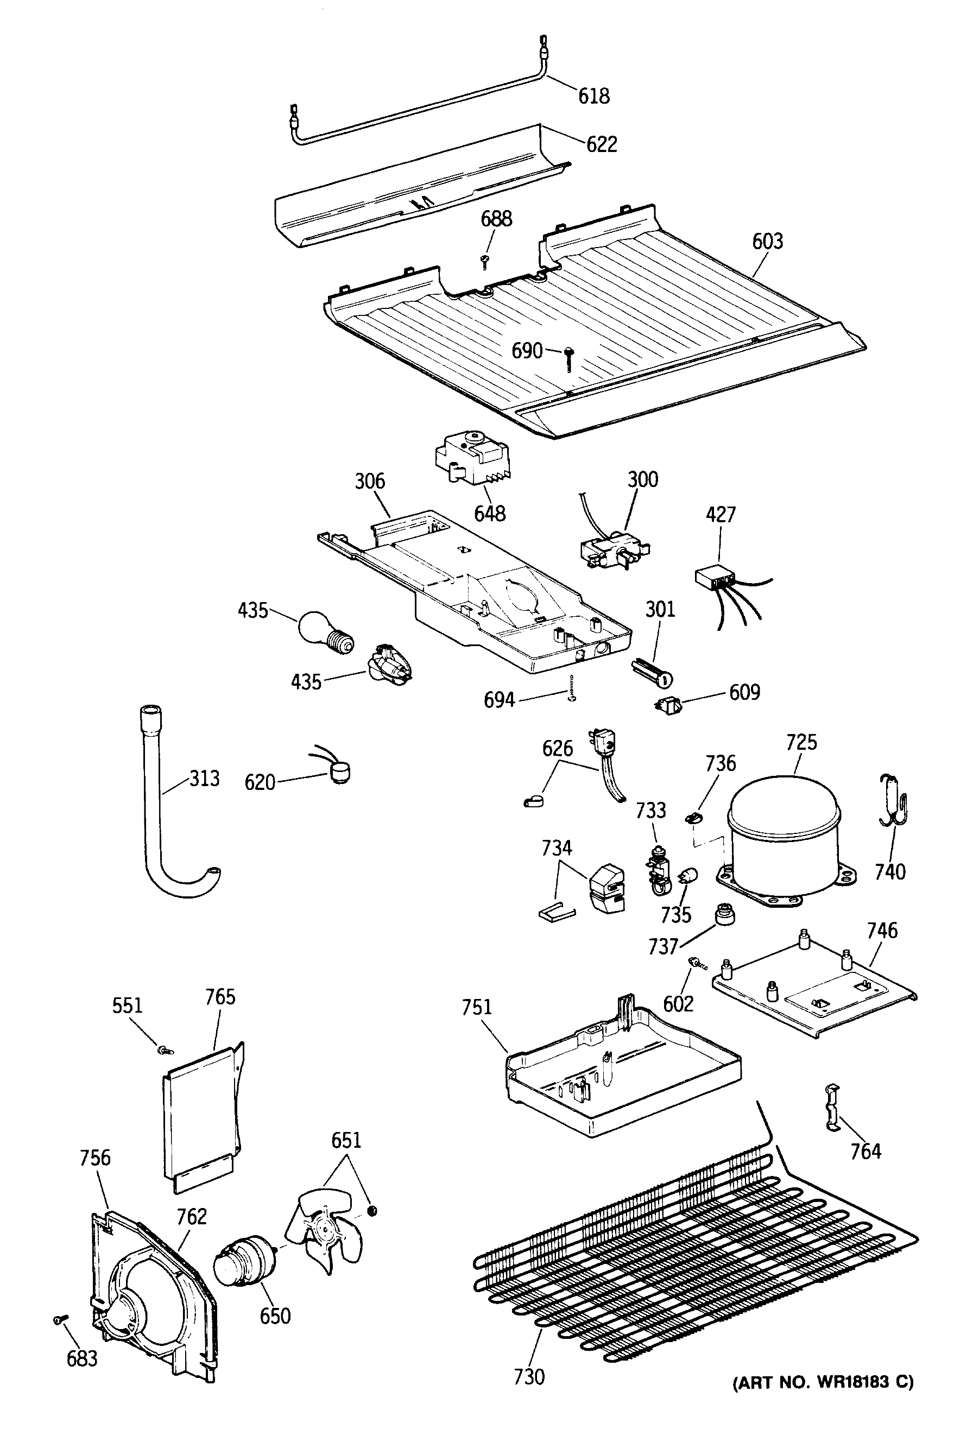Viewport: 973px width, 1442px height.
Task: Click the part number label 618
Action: point(594,96)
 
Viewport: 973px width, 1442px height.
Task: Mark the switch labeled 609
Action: point(668,705)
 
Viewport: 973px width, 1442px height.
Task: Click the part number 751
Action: point(477,1007)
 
